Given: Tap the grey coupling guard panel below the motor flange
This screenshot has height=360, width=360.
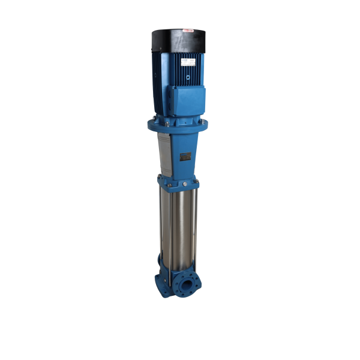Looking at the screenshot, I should click(164, 153).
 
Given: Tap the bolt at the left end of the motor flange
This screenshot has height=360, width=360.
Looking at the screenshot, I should click(151, 124).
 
